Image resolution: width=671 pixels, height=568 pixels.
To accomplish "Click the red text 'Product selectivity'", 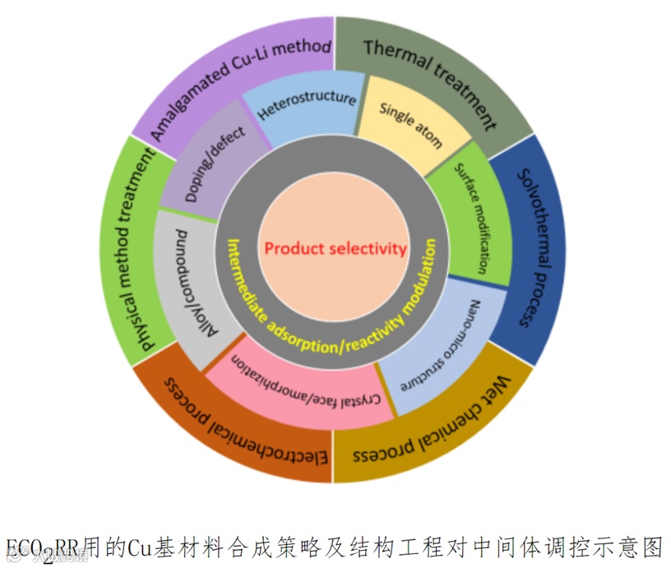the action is click(335, 248).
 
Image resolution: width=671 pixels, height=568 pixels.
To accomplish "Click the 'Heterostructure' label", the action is click(306, 108).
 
